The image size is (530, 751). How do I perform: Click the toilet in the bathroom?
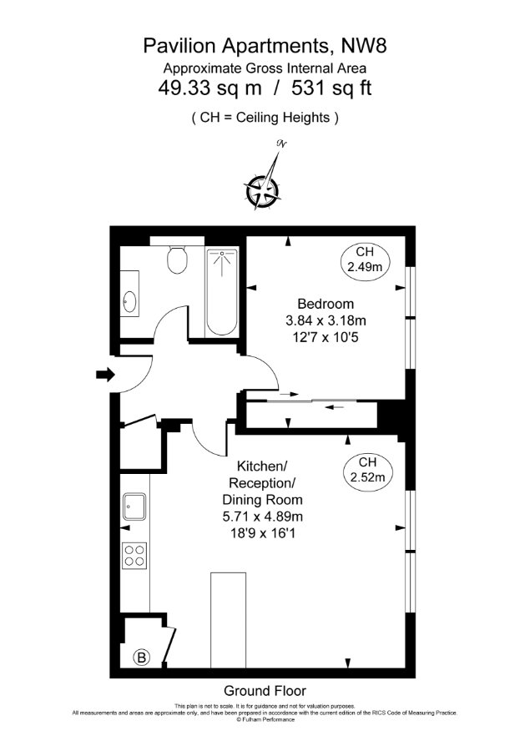point(177,260)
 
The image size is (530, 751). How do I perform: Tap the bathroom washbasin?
point(129,302)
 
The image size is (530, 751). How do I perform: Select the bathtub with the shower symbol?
point(222,292)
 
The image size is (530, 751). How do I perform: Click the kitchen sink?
point(134,507)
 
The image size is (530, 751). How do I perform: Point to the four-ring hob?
point(134,556)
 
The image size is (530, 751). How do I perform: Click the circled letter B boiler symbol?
point(141,658)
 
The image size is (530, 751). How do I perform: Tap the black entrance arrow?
point(105,374)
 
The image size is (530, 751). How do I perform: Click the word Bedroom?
point(326,304)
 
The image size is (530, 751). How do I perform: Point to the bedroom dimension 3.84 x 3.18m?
point(326,320)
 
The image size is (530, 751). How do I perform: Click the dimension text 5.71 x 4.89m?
point(263,517)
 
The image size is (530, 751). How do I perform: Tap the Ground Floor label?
point(265,691)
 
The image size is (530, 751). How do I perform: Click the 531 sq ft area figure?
point(331,88)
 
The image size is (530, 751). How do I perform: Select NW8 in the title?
point(364,46)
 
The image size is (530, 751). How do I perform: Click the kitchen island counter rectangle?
point(228,620)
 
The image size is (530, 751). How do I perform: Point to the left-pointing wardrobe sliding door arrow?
point(335,407)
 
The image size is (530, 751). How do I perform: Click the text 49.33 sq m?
point(209,88)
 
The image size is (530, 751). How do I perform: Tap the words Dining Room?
point(263,500)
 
